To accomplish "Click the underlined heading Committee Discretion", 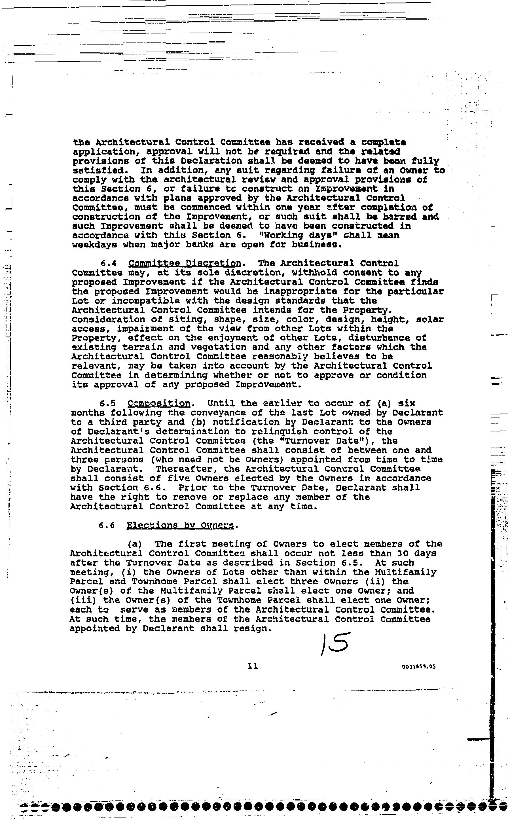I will tap(185, 263).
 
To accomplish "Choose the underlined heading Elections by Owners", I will tap(180, 525).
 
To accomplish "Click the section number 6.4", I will tap(109, 263).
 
